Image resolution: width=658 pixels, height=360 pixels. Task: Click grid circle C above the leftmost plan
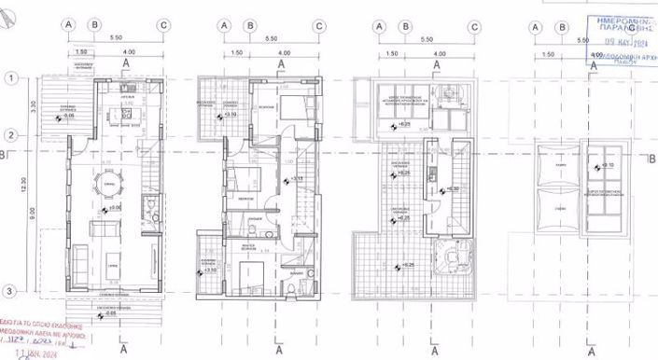(x=163, y=26)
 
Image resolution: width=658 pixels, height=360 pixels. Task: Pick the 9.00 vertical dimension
(x=31, y=214)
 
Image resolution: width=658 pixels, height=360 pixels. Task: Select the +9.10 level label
(x=609, y=165)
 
